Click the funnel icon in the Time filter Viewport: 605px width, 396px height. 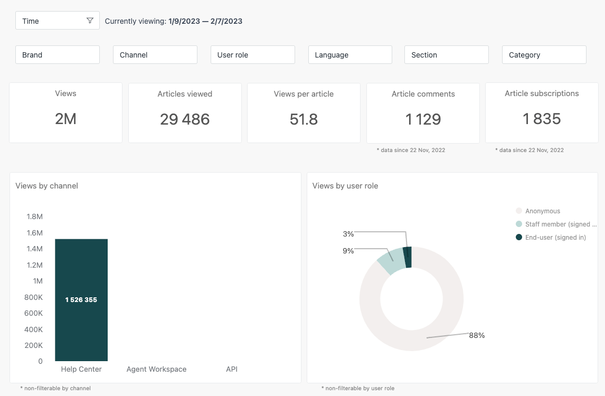(90, 21)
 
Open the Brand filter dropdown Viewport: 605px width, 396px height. (58, 55)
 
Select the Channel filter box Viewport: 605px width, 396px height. (155, 55)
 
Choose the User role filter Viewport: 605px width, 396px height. (252, 55)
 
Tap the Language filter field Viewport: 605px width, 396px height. (350, 55)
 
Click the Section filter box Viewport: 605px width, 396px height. (446, 55)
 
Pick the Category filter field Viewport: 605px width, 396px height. (544, 55)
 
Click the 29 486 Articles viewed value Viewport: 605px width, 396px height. (185, 119)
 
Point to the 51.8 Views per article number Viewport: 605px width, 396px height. (304, 119)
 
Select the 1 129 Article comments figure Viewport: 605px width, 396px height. (423, 119)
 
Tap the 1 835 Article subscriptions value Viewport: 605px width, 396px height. (542, 119)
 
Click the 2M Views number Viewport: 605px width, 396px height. (65, 119)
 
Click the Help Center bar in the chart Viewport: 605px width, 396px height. (81, 317)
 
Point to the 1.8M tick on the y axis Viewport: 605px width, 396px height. (34, 216)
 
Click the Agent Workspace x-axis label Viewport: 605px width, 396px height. (156, 369)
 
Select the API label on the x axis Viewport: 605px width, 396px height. (232, 369)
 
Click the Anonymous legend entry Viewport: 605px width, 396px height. (542, 211)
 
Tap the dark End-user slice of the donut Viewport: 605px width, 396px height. (408, 257)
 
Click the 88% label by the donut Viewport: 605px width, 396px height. (477, 335)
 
